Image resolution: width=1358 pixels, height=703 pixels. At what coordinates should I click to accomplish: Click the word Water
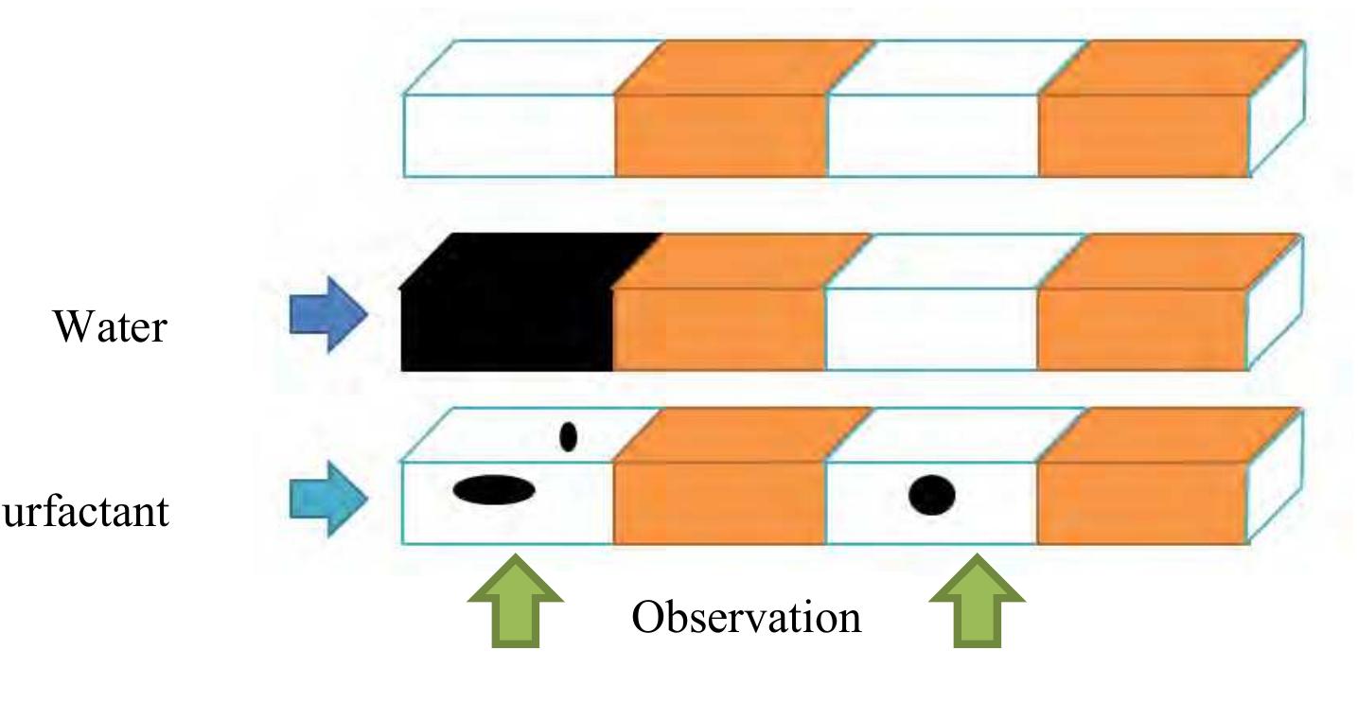tap(112, 327)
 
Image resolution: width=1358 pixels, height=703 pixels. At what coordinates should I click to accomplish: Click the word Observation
tap(747, 618)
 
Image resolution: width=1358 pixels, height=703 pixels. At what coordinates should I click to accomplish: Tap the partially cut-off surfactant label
tap(85, 512)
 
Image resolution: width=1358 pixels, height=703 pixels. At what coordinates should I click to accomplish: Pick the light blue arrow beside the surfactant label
tap(327, 494)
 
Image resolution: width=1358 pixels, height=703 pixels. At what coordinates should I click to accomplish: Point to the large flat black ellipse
tap(494, 489)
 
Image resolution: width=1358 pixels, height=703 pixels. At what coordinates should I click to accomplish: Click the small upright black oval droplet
tap(568, 436)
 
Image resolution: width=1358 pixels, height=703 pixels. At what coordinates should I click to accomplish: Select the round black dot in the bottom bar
tap(932, 495)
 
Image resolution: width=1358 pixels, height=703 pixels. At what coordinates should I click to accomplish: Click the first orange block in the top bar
tap(722, 132)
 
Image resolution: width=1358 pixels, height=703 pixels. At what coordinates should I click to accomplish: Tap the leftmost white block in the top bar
tap(509, 132)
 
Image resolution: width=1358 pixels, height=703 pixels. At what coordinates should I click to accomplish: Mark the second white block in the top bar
tap(933, 132)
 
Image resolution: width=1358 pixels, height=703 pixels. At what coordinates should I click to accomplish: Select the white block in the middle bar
tap(933, 326)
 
